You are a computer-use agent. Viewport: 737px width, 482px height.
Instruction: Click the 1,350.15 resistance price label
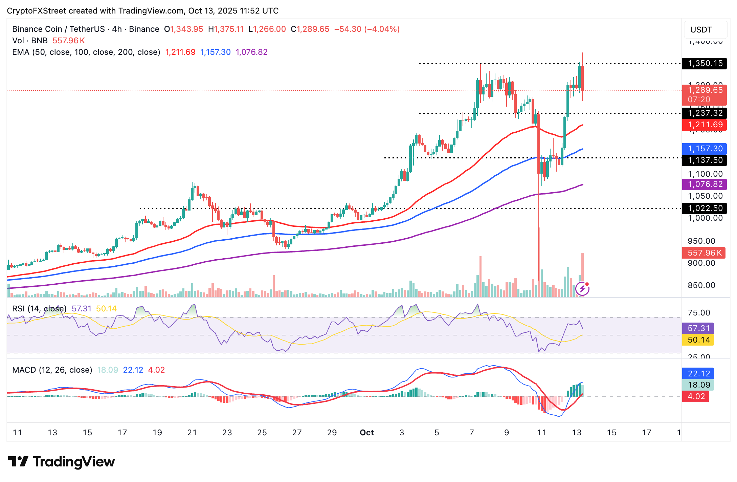click(x=705, y=64)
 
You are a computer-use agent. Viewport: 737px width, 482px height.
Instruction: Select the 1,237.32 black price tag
click(x=705, y=113)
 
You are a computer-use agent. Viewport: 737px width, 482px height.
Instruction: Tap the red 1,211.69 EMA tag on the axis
click(x=705, y=125)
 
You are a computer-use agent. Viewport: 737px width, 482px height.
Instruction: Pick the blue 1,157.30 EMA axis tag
click(x=705, y=149)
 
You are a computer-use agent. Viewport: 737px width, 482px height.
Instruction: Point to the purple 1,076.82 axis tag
click(x=705, y=184)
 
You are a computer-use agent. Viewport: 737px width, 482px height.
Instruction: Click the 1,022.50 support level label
click(x=705, y=208)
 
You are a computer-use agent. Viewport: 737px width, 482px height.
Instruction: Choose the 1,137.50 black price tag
click(x=705, y=160)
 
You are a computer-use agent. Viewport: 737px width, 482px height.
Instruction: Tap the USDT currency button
click(x=701, y=30)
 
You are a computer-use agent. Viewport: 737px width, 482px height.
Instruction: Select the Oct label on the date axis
click(x=367, y=433)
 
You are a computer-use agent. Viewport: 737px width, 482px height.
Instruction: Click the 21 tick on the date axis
click(x=192, y=433)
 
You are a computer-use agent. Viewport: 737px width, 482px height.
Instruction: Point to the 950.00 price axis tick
click(x=701, y=241)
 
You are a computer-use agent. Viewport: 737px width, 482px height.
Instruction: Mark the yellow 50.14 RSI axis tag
click(x=698, y=340)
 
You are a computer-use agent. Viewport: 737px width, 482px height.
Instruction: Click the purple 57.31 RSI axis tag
click(x=698, y=328)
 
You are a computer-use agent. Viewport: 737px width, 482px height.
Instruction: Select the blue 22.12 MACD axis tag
click(x=698, y=374)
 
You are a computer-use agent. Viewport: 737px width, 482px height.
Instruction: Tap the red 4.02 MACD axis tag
click(x=696, y=396)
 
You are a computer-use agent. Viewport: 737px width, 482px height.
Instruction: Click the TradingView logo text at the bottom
click(x=74, y=462)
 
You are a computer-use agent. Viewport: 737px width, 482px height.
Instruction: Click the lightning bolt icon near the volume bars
click(x=582, y=289)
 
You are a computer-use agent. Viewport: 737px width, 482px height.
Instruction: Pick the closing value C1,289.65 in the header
click(x=310, y=29)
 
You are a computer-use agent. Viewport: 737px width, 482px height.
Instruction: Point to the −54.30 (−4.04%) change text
click(x=367, y=29)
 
